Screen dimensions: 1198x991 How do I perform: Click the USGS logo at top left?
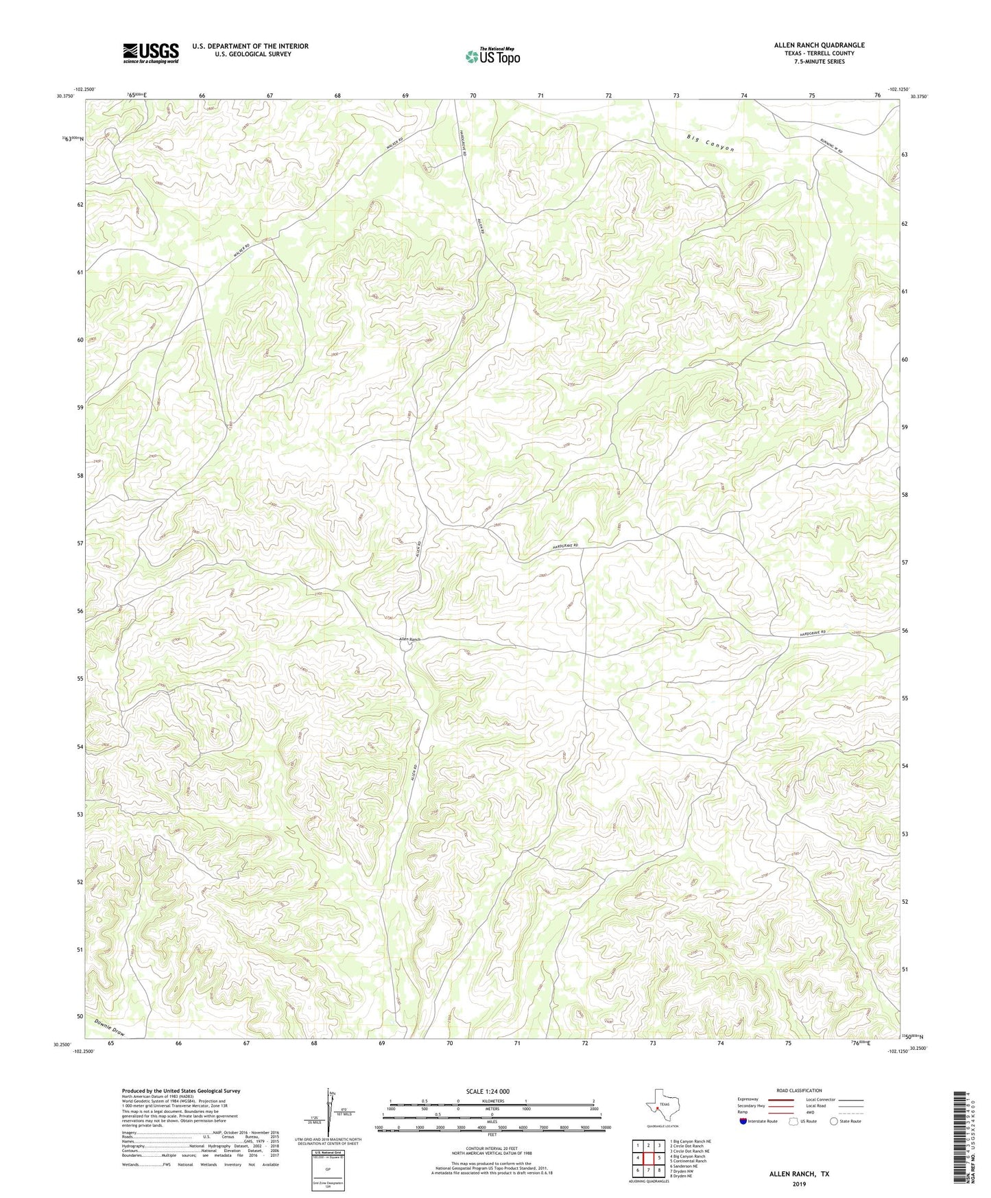[151, 53]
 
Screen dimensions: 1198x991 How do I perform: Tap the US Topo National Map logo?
[492, 56]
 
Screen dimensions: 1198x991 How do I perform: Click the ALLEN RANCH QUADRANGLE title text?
[819, 45]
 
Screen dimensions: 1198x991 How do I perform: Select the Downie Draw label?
[110, 1028]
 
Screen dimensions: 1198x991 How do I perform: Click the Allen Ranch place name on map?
[410, 639]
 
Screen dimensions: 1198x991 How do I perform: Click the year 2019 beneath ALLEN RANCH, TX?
[798, 1184]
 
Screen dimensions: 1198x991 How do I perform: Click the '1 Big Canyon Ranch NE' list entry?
[690, 1141]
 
